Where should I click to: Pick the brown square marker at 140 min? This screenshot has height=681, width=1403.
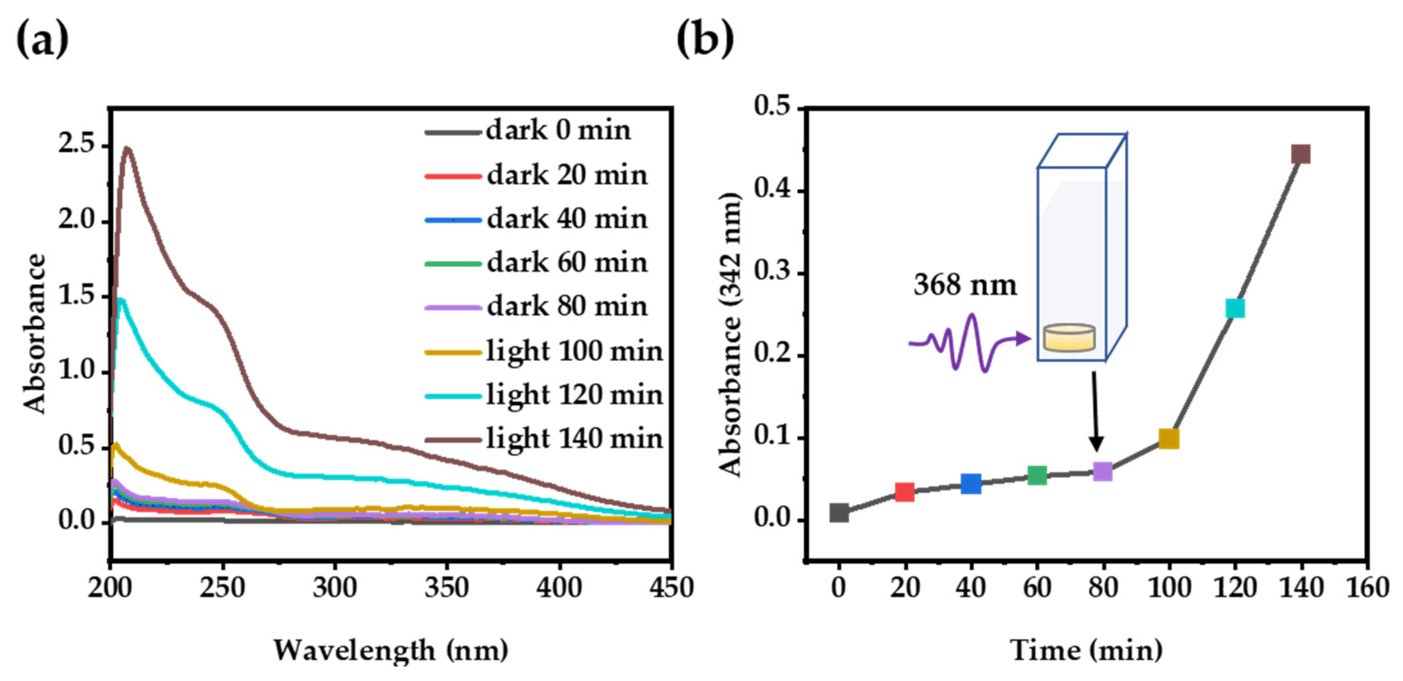(1300, 154)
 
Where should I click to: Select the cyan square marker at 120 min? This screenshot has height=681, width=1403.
(1235, 308)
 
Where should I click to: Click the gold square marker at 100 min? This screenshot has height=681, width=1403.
(1169, 439)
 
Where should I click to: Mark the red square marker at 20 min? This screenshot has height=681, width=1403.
(905, 492)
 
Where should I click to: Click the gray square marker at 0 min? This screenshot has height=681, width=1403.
(839, 513)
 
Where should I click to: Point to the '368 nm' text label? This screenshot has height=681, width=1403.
(965, 285)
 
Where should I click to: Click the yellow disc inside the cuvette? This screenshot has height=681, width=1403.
(1069, 338)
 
